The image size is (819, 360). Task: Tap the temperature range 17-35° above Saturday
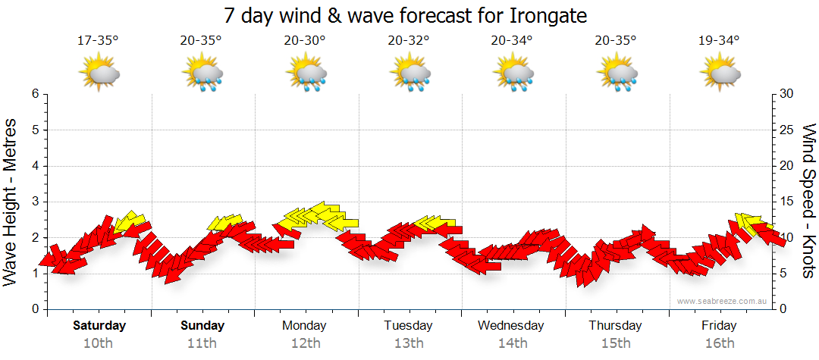pos(98,41)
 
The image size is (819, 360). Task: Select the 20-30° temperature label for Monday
pos(304,41)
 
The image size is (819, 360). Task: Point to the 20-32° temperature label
pos(408,41)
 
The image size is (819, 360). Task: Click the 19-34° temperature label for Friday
pos(719,41)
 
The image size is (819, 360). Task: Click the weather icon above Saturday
pos(100,73)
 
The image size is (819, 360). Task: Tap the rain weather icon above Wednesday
pos(513,73)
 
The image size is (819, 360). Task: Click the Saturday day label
pos(99,326)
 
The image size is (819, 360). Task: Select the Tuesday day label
pos(408,326)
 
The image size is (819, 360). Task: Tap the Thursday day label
pos(615,326)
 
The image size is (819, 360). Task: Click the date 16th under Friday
pos(719,343)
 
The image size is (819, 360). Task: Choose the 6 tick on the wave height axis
pos(35,94)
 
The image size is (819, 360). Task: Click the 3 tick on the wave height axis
pos(35,202)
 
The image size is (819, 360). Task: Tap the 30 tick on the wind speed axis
pos(787,94)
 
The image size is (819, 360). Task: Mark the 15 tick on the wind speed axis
pos(787,202)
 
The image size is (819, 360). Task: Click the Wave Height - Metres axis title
pos(13,202)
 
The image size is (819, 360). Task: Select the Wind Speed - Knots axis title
pos(808,202)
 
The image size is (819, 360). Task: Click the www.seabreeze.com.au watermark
pos(723,301)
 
